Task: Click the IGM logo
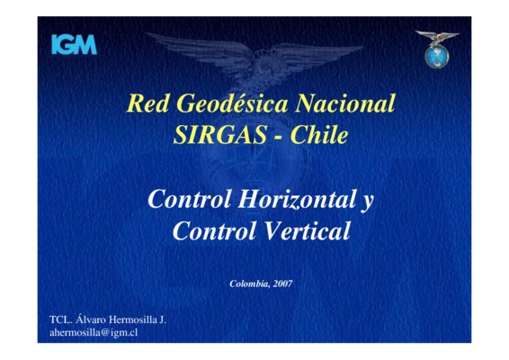[75, 44]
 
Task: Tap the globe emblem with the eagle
[437, 49]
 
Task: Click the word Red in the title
[147, 103]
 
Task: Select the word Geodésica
[232, 103]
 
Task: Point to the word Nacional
[345, 103]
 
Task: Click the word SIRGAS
[220, 135]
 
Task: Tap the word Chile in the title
[319, 135]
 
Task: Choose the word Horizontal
[297, 199]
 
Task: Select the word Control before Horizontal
[190, 199]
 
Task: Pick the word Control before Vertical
[215, 230]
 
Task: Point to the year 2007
[282, 284]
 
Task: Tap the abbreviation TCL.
[60, 319]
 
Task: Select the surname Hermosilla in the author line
[133, 319]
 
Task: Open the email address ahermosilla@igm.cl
[94, 333]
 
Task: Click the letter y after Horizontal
[367, 202]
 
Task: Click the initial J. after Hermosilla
[163, 319]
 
